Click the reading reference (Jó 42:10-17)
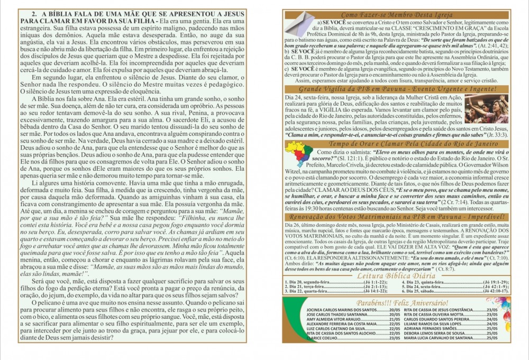[495, 291]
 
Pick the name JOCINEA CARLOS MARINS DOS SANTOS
[339, 309]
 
